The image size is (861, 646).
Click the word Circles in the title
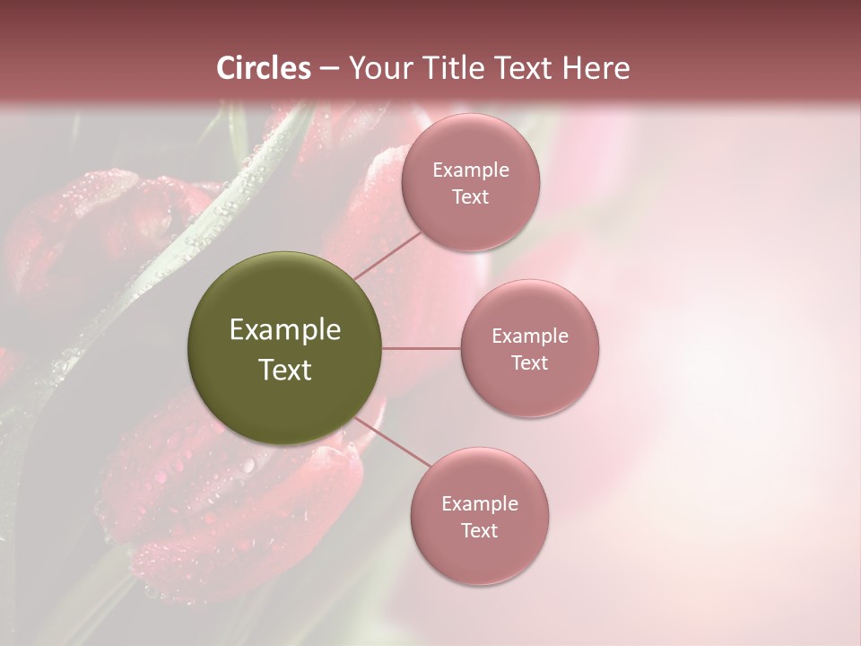264,68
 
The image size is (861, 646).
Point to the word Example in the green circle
285,330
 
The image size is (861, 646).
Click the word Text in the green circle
285,370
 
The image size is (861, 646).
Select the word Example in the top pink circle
471,170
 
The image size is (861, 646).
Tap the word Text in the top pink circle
470,196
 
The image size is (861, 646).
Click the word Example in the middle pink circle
530,336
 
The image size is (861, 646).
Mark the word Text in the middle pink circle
530,362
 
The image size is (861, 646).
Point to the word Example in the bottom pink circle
480,504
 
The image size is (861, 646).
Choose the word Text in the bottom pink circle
479,530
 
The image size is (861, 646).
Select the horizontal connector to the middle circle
421,348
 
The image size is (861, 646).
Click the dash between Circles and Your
328,69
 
